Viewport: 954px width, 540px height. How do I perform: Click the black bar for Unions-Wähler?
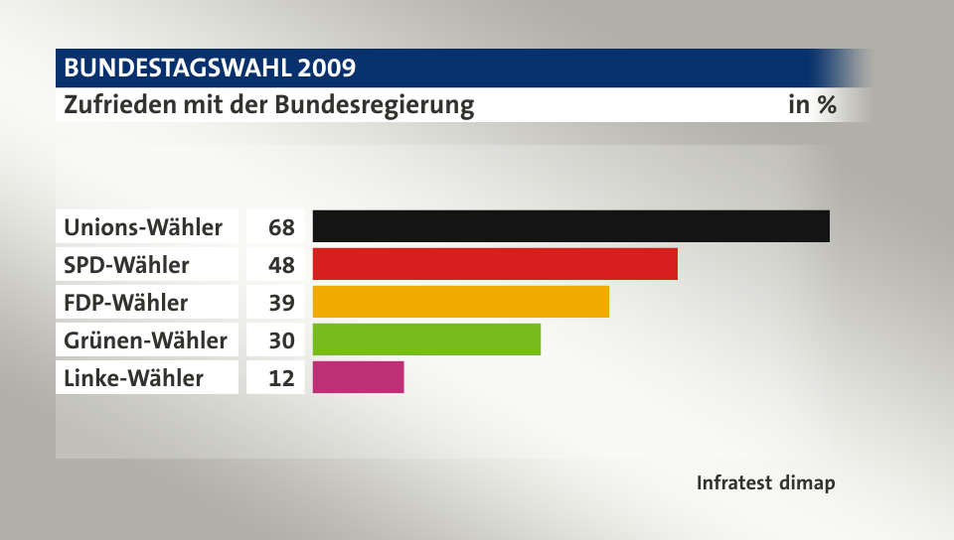pyautogui.click(x=570, y=226)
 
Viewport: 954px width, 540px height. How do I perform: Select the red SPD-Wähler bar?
pyautogui.click(x=495, y=264)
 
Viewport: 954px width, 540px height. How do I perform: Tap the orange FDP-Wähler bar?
pyautogui.click(x=460, y=302)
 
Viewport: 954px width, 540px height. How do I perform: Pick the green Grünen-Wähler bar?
pyautogui.click(x=426, y=339)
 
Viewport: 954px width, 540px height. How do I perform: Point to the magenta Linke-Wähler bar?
pyautogui.click(x=358, y=377)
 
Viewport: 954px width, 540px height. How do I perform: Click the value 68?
pyautogui.click(x=281, y=227)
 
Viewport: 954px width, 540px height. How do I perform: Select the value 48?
pyautogui.click(x=281, y=265)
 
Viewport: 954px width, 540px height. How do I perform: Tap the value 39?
pyautogui.click(x=281, y=303)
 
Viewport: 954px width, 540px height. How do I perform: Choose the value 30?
pyautogui.click(x=281, y=340)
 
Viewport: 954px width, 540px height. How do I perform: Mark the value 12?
pyautogui.click(x=281, y=378)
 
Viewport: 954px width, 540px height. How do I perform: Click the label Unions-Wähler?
pyautogui.click(x=143, y=227)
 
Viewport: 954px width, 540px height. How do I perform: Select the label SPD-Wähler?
pyautogui.click(x=126, y=265)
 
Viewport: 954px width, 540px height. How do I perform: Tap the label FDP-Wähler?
pyautogui.click(x=125, y=303)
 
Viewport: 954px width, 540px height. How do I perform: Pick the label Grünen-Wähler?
pyautogui.click(x=145, y=340)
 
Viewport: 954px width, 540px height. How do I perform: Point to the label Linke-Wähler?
pyautogui.click(x=133, y=378)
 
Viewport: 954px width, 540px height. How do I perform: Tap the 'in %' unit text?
pyautogui.click(x=812, y=104)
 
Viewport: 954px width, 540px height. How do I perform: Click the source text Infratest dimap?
pyautogui.click(x=765, y=483)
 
